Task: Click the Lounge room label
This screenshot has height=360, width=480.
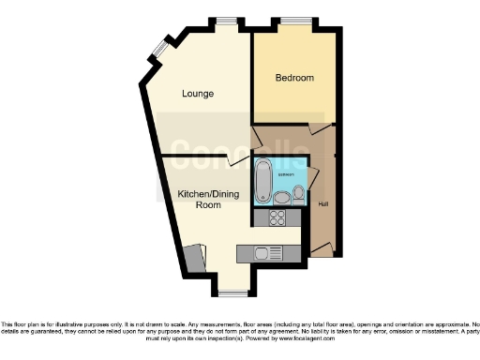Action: [x=198, y=94]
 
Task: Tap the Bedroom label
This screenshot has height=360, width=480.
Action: [x=294, y=78]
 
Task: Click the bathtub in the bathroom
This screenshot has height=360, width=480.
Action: [x=262, y=183]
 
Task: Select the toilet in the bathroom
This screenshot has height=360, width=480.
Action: [x=298, y=193]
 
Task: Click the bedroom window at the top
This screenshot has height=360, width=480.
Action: [x=298, y=19]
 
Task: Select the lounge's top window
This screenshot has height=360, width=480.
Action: [x=226, y=19]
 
